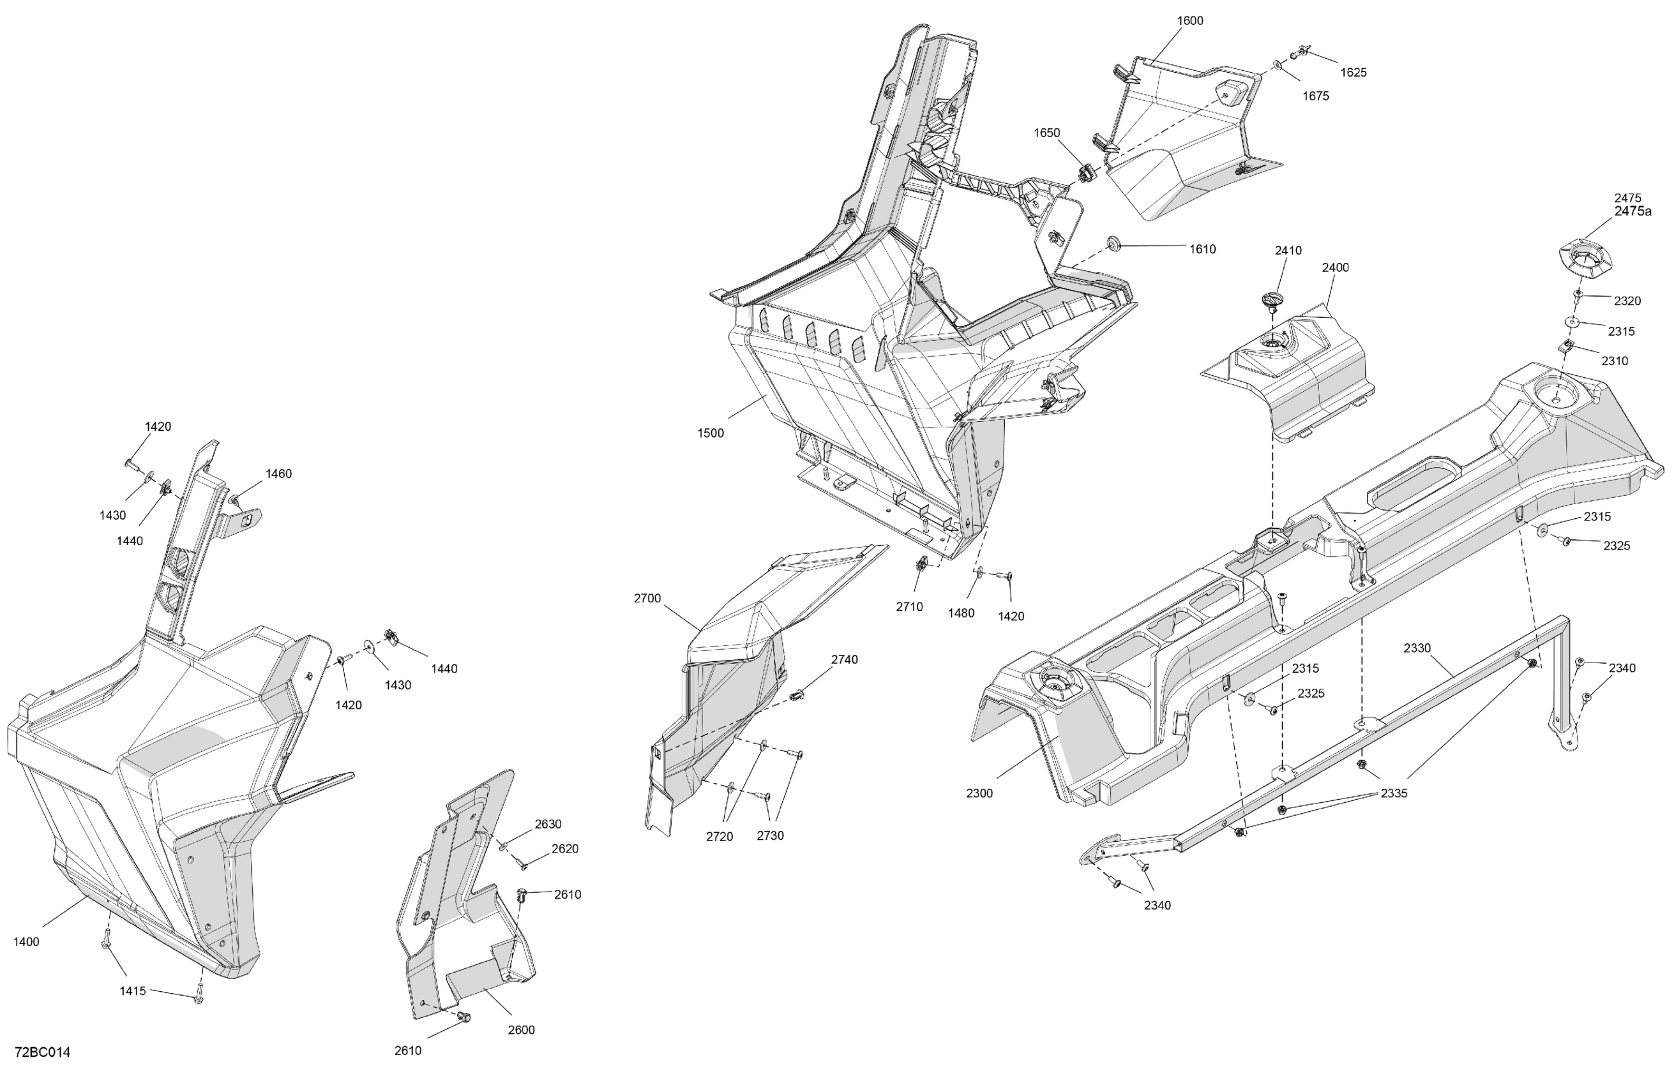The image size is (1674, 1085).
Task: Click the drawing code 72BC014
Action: pyautogui.click(x=42, y=1052)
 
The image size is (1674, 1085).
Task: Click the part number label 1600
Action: pyautogui.click(x=1189, y=20)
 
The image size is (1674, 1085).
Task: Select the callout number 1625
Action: pyautogui.click(x=1354, y=72)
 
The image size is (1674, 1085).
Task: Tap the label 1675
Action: pyautogui.click(x=1315, y=96)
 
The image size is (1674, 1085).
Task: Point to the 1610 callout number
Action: pyautogui.click(x=1203, y=249)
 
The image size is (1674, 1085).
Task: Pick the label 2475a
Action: pyautogui.click(x=1633, y=211)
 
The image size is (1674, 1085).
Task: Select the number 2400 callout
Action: pyautogui.click(x=1335, y=267)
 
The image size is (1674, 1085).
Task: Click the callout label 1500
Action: pyautogui.click(x=711, y=433)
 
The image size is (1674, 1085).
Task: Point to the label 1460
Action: pyautogui.click(x=278, y=474)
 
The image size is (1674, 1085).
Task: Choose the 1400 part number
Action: pyautogui.click(x=26, y=942)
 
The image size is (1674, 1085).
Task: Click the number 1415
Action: pyautogui.click(x=132, y=991)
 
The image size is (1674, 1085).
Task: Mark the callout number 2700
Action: pyautogui.click(x=647, y=599)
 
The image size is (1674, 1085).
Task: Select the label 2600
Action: pyautogui.click(x=521, y=1030)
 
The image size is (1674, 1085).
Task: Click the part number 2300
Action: pyautogui.click(x=979, y=793)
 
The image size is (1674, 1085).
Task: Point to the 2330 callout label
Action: pyautogui.click(x=1417, y=648)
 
